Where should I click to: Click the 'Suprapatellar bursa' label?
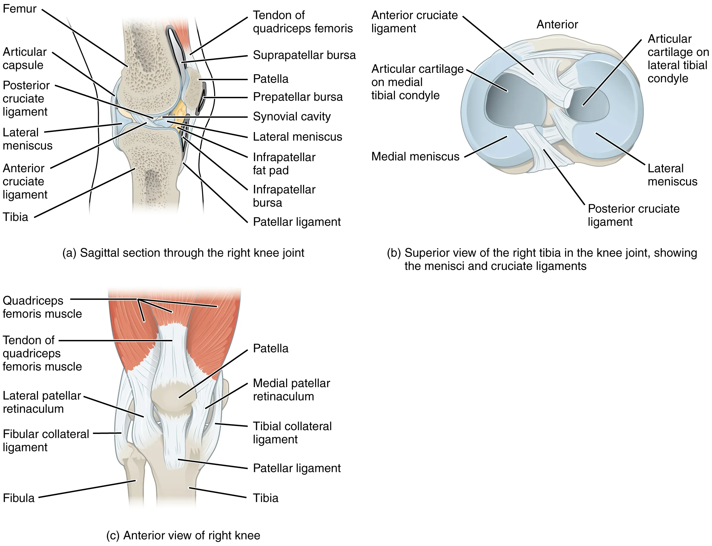tap(304, 55)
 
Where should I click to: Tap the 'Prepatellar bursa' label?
tap(298, 97)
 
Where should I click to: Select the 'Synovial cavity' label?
tap(291, 116)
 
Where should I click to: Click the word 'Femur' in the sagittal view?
tap(20, 9)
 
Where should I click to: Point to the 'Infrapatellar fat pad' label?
tap(284, 163)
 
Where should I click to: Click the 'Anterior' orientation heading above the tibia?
tap(557, 24)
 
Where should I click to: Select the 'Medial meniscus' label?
tap(415, 157)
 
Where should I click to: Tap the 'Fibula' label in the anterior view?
tap(19, 498)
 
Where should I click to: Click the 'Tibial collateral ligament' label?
tap(292, 433)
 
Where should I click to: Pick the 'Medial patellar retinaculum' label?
tap(291, 390)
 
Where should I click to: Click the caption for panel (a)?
tap(183, 253)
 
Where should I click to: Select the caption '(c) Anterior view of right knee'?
tap(183, 535)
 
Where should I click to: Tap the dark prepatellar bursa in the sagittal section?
tap(203, 96)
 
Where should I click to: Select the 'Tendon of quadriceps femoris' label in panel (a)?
tap(302, 22)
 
